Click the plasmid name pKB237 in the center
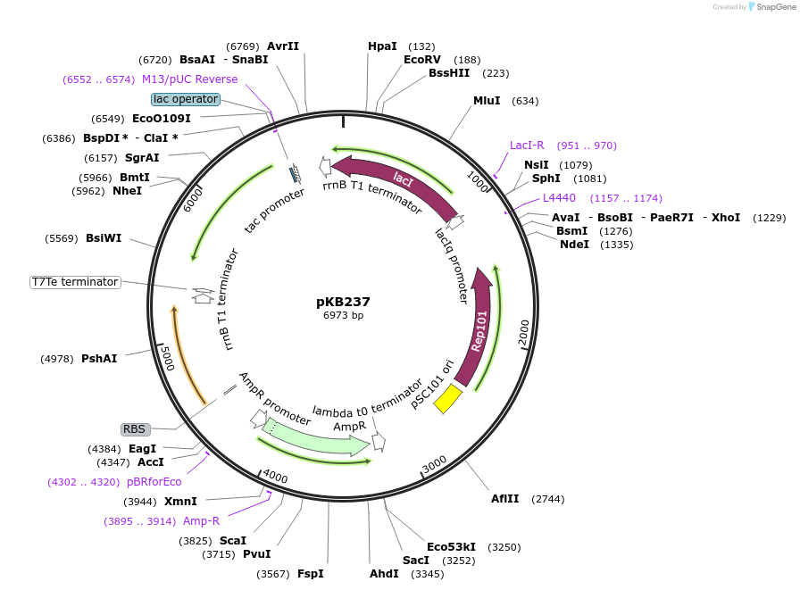343,302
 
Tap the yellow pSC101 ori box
447,398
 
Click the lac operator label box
185,99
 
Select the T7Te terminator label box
75,282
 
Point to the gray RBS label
134,429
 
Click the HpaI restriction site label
382,46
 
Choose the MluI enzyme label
487,101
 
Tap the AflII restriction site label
504,499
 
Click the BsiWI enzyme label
104,238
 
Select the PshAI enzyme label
99,359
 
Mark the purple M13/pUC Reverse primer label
189,79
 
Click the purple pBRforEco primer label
154,482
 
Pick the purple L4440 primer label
559,198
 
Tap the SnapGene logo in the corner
771,7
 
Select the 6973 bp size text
343,316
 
